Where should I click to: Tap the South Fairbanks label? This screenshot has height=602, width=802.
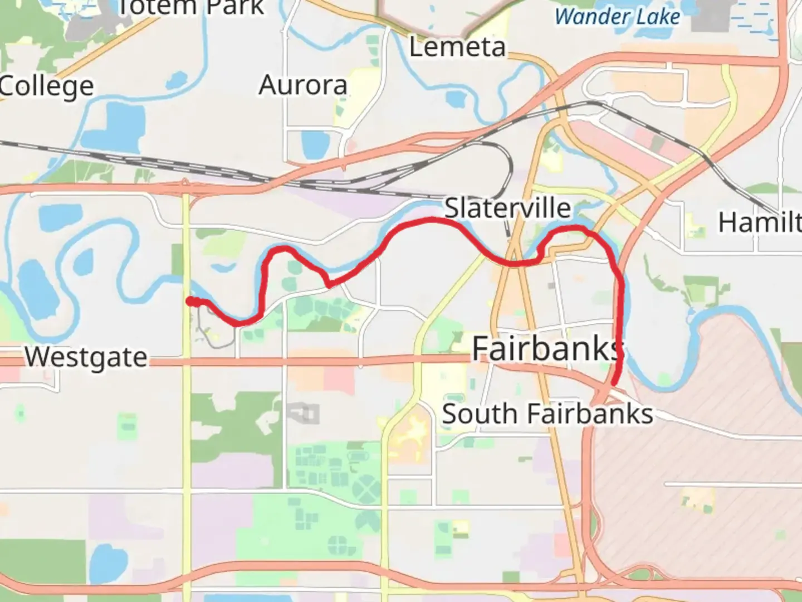(547, 414)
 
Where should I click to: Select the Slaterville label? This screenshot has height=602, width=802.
(507, 208)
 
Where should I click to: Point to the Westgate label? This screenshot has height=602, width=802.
(86, 357)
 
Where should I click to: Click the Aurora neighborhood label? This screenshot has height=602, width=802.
(303, 85)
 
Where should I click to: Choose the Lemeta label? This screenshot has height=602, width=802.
(457, 47)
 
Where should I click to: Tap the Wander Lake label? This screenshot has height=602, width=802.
(617, 17)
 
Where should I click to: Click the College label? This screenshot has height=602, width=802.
(47, 86)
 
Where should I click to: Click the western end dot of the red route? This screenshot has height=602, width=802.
(190, 302)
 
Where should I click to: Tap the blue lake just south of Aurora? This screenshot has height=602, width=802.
(311, 144)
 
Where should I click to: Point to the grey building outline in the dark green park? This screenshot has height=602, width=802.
(304, 414)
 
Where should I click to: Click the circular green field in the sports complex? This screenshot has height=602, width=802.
(366, 491)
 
